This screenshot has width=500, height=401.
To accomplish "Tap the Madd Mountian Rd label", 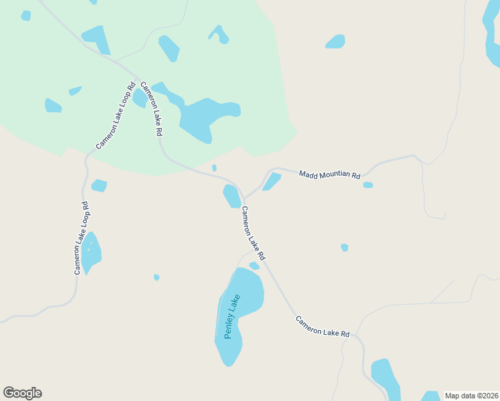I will click(330, 175).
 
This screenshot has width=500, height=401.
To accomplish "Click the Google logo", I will click(22, 393).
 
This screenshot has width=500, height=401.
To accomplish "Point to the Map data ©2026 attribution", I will click(472, 395).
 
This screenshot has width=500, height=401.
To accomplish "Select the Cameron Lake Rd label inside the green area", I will click(151, 109).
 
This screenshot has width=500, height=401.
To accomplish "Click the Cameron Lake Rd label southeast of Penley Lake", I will click(323, 325).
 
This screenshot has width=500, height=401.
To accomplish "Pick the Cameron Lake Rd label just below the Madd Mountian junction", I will click(253, 233).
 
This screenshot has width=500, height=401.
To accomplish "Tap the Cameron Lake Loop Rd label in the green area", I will click(116, 115).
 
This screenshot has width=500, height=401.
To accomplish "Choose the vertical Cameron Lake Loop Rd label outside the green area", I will click(81, 238).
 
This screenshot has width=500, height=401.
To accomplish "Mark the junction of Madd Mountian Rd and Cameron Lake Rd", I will click(243, 199).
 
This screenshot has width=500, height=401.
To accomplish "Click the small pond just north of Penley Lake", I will click(254, 266).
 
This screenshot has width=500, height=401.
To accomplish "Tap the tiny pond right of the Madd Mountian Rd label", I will click(368, 185).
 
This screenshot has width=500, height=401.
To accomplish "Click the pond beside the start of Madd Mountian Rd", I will click(271, 181).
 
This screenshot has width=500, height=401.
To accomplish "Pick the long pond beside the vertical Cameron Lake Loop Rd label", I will click(91, 253).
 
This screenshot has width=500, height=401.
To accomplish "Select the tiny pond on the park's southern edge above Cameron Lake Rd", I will click(214, 168).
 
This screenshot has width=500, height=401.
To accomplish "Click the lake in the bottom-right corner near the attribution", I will click(386, 378).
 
